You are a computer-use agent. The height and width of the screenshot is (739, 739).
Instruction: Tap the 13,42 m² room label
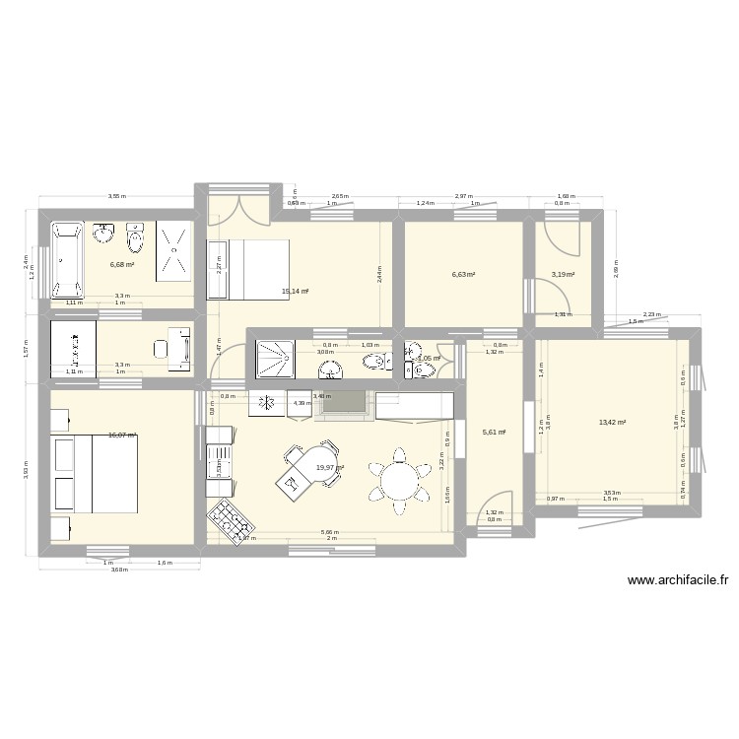613,423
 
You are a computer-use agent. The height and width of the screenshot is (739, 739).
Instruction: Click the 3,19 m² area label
563,275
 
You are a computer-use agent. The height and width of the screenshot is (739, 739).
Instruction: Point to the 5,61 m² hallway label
493,432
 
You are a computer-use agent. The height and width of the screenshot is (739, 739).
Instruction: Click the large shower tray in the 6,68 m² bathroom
173,251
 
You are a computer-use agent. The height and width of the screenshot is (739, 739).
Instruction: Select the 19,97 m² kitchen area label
330,468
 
